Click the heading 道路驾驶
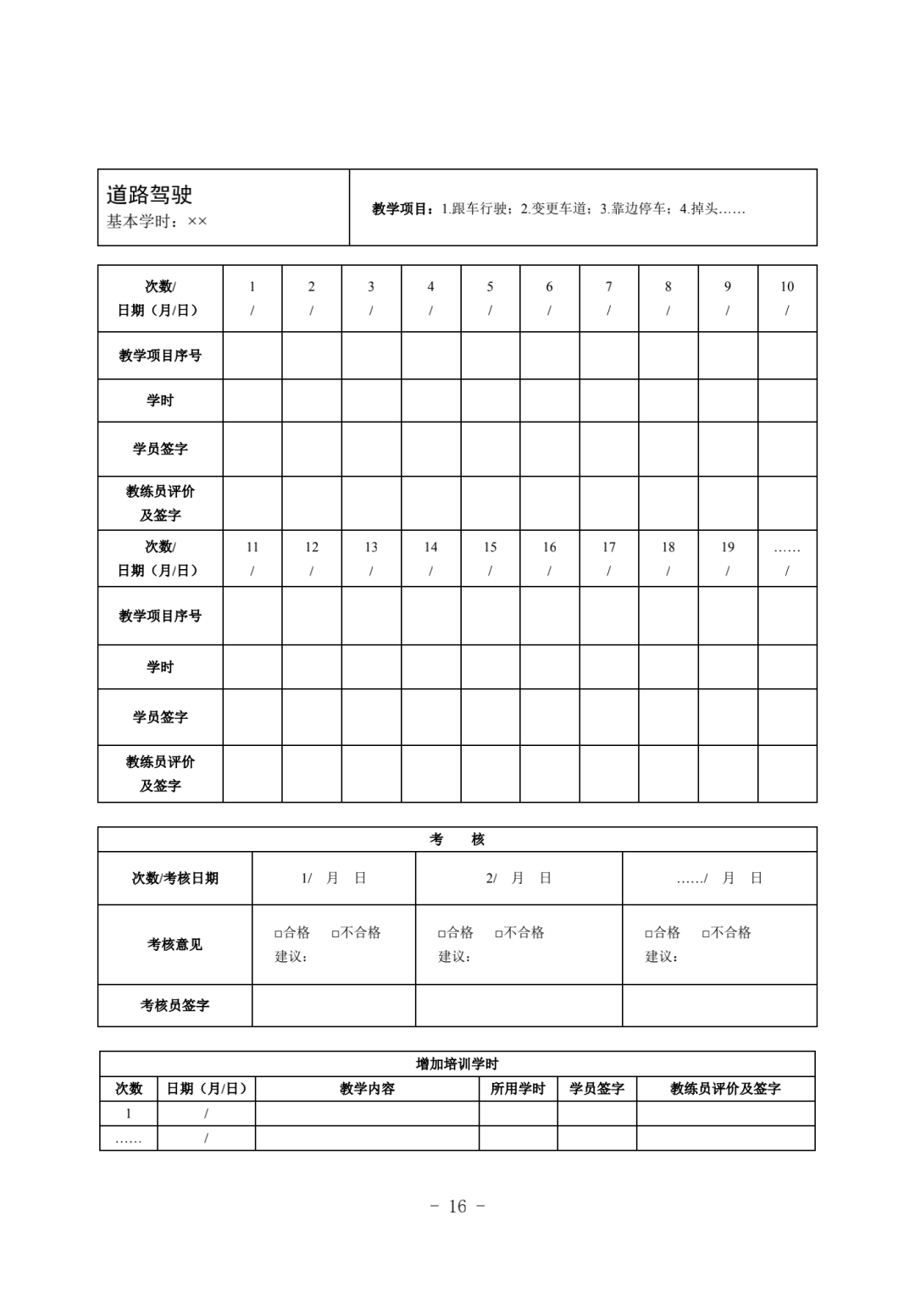coord(149,195)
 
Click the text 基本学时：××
coord(157,222)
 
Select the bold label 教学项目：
coord(405,209)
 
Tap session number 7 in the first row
coord(608,287)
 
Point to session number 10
coord(787,287)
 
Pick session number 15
coord(490,548)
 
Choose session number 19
coord(728,548)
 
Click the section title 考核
coord(457,840)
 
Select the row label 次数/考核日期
coord(175,879)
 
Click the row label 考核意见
coord(175,945)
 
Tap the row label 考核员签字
coord(175,1006)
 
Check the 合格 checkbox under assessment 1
coord(279,934)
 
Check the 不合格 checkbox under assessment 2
coord(499,934)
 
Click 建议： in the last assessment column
coord(662,957)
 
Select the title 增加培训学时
coord(457,1064)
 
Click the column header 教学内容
coord(367,1089)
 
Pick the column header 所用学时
coord(518,1089)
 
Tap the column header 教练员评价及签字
coord(725,1089)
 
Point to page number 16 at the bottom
coord(457,1207)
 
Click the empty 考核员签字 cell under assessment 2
coord(518,1006)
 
